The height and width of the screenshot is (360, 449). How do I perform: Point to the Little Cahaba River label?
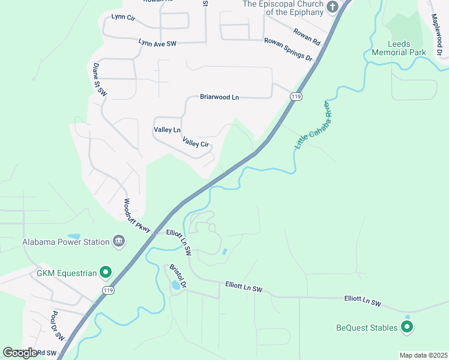[x=313, y=125]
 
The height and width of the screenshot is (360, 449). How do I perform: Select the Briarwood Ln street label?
[x=219, y=97]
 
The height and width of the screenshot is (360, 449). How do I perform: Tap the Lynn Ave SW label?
[x=157, y=43]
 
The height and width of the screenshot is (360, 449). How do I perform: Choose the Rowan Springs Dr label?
[x=289, y=49]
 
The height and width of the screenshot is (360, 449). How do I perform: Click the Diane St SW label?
[x=99, y=80]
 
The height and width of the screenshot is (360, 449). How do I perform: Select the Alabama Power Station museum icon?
[x=119, y=242]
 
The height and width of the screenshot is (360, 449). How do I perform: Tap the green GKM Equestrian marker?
[x=106, y=273]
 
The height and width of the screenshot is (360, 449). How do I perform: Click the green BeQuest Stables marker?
[x=407, y=328]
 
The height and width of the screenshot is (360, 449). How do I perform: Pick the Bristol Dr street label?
[x=178, y=275]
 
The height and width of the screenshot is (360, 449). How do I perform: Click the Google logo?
[x=20, y=353]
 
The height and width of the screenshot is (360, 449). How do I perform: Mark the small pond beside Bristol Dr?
[x=175, y=286]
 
